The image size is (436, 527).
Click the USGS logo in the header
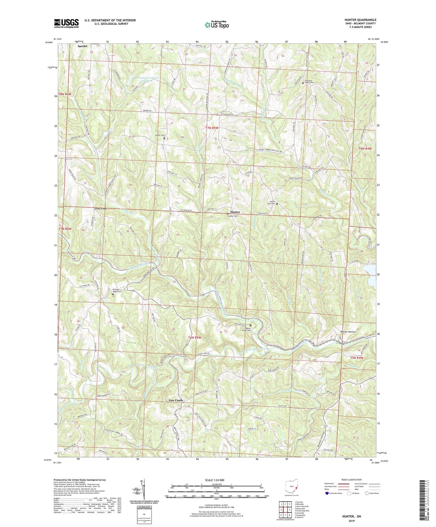(x=66, y=23)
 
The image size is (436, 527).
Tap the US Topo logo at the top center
(x=216, y=25)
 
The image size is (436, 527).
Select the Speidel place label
(x=82, y=46)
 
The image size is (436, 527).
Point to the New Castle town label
(x=176, y=400)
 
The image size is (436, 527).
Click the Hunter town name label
(x=235, y=212)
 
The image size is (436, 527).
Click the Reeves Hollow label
(x=348, y=332)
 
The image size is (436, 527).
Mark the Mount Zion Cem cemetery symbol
(x=277, y=204)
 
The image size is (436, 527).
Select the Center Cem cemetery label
(x=160, y=135)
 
